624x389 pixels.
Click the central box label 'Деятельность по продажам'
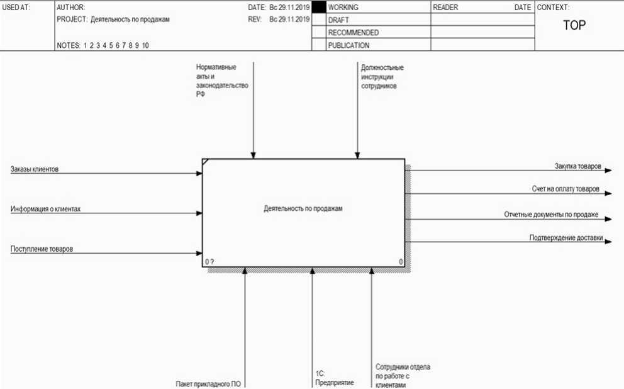coord(303,208)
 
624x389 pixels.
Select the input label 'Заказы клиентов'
coord(35,169)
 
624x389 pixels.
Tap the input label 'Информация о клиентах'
coord(45,209)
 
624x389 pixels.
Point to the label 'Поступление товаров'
coord(42,249)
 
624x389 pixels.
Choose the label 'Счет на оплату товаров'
coord(565,189)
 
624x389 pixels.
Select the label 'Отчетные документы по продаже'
coord(551,215)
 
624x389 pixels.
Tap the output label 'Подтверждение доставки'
coord(566,238)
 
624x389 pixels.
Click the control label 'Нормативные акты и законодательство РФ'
coord(222,81)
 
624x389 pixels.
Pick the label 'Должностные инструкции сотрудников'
coord(382,76)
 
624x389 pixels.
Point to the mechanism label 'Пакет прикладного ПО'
coord(208,383)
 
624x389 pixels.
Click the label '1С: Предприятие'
coord(334,378)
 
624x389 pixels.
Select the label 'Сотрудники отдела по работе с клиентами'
coord(403,376)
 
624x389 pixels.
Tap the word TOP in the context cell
coord(574,26)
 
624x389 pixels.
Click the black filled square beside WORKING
coord(319,8)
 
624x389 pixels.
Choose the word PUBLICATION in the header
coord(348,45)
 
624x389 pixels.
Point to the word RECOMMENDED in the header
coord(353,33)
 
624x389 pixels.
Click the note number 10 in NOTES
coord(145,45)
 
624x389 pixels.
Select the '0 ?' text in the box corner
coord(210,261)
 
